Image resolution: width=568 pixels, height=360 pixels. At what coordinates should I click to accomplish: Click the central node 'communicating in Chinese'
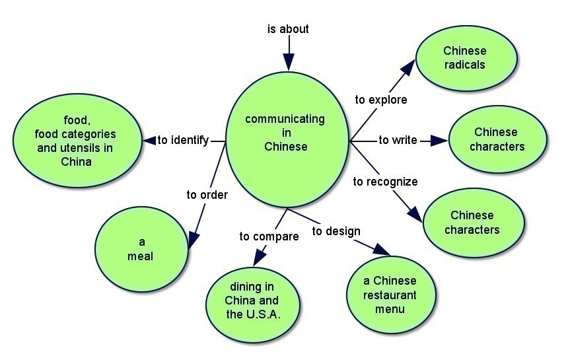pos(286,133)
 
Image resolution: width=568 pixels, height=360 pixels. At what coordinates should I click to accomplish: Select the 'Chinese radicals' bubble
pos(464,58)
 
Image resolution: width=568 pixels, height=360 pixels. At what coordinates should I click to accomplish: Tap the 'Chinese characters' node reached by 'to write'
pos(497,139)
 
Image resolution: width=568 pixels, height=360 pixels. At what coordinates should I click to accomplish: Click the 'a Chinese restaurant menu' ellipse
pos(390,295)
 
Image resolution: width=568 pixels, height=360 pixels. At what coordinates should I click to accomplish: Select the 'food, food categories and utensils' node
pos(77,141)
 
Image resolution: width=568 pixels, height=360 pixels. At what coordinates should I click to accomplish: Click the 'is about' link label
pos(288,29)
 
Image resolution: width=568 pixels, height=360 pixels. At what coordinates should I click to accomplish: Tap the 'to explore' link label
pos(381,100)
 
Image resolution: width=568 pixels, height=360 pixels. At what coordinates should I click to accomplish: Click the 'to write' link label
pos(398,140)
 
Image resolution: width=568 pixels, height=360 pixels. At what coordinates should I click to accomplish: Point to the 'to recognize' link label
pos(385,182)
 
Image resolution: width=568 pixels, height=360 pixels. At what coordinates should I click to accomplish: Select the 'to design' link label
pos(336,231)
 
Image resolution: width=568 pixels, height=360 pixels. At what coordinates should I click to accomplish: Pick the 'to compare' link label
pos(269,236)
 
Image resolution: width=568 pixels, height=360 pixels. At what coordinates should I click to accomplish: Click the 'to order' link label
pos(207,195)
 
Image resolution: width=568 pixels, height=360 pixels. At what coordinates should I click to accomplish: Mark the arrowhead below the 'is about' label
pos(288,61)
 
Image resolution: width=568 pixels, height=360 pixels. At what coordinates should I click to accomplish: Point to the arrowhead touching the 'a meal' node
pos(194,239)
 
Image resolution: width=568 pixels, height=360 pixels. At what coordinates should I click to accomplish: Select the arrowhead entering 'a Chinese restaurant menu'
pos(382,250)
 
